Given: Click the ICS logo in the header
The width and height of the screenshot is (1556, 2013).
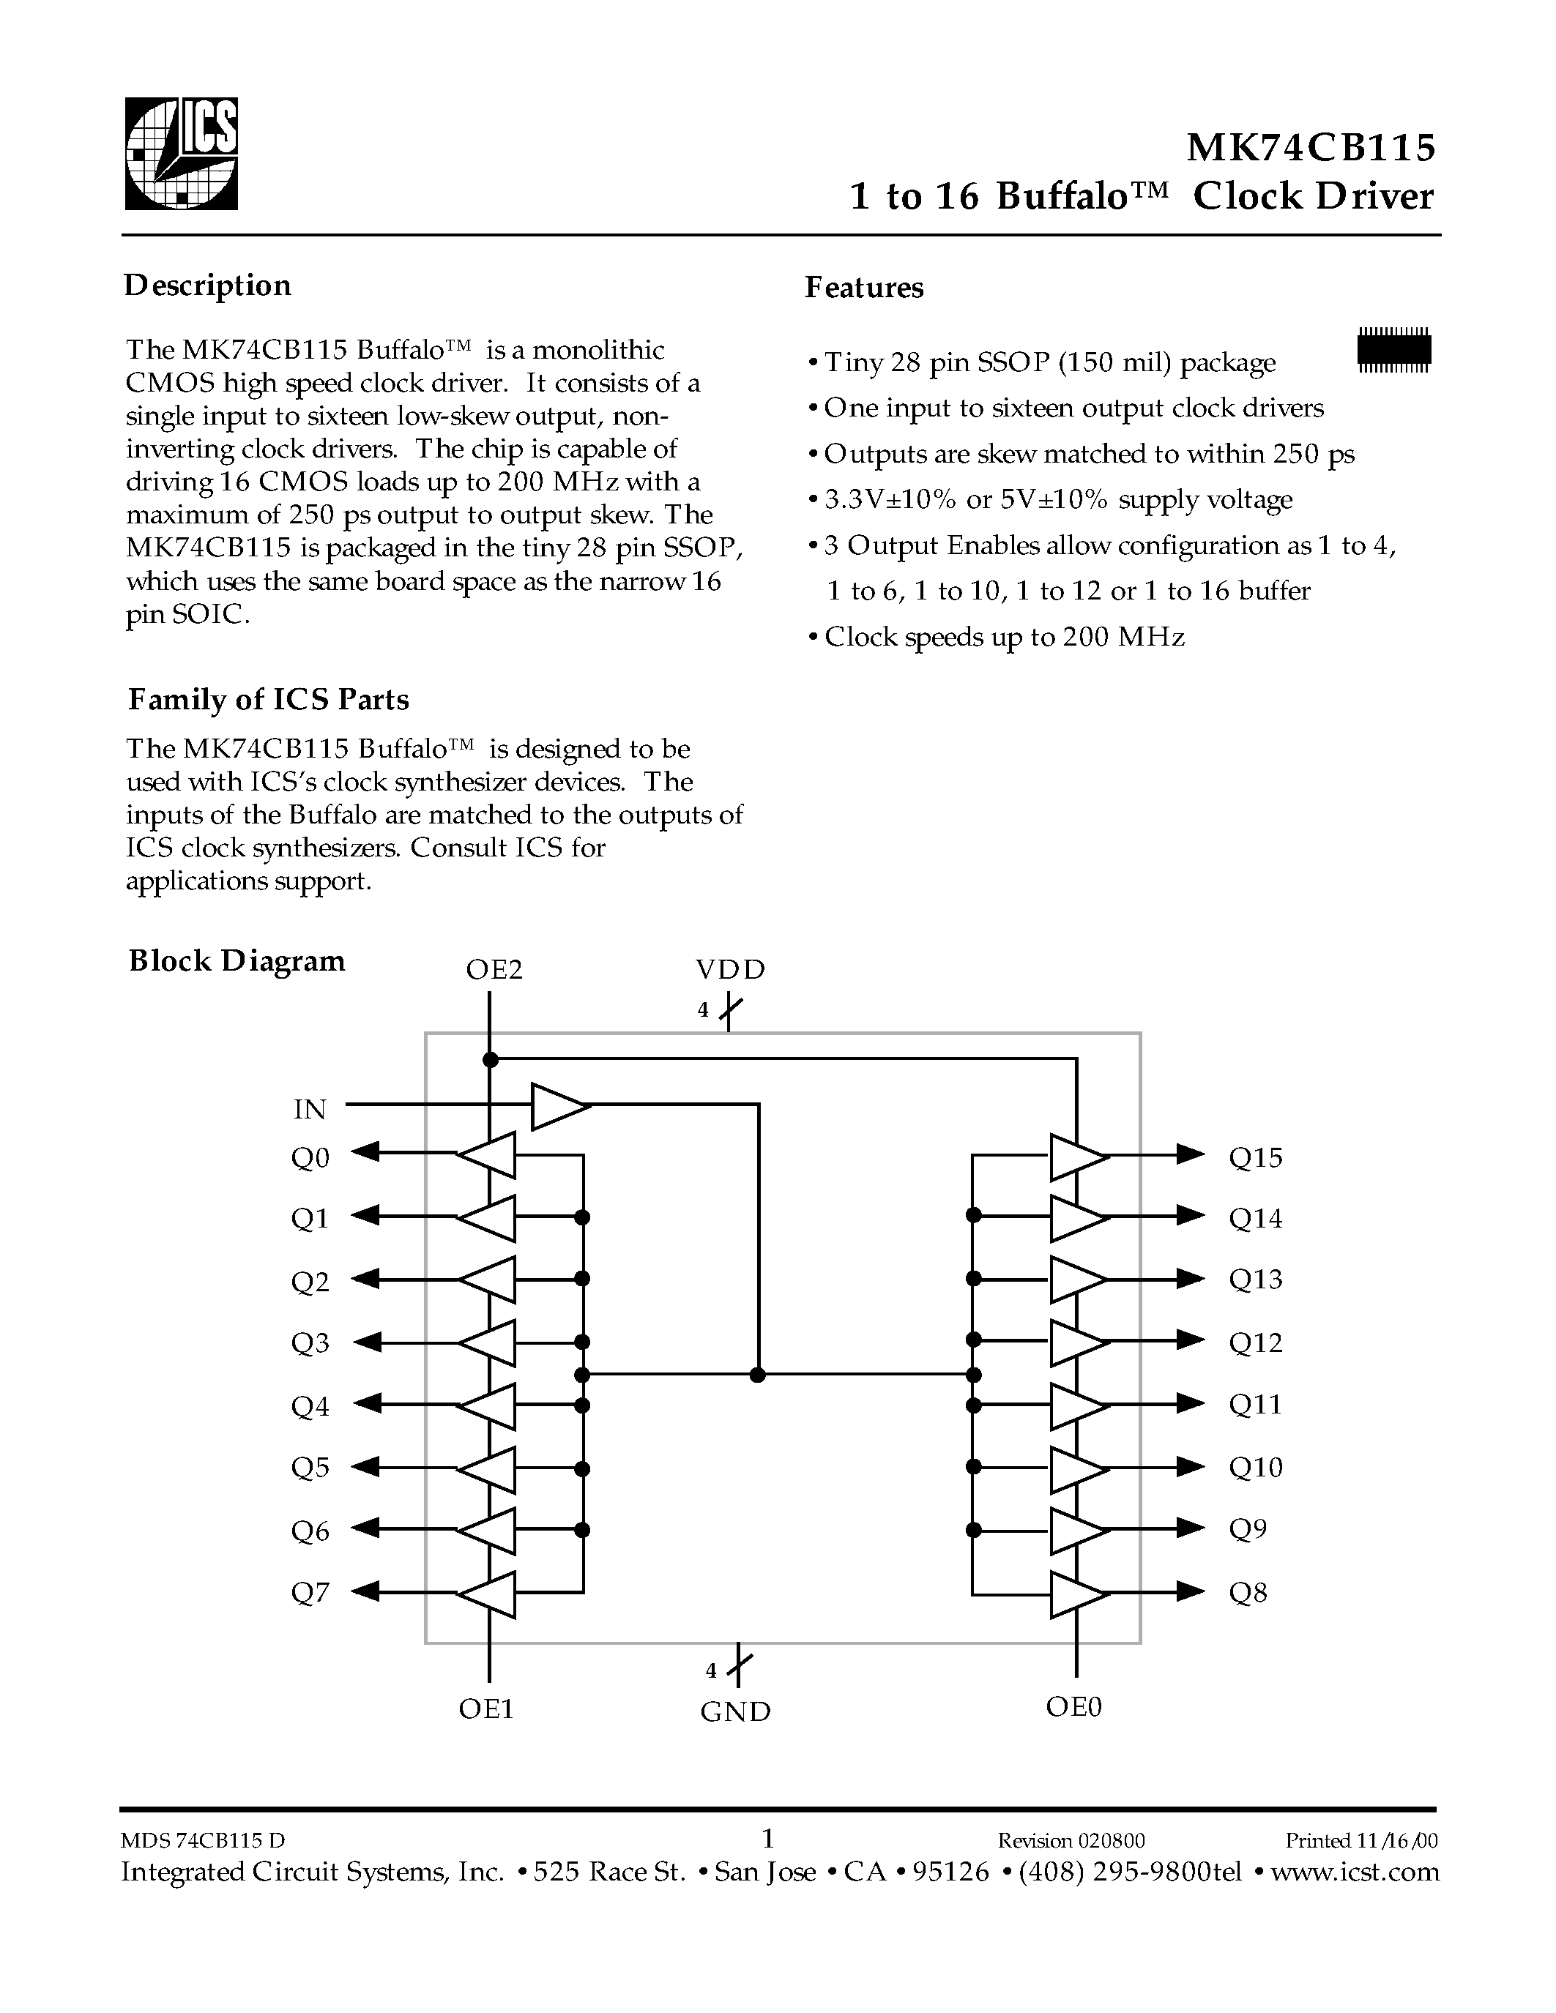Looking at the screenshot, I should pyautogui.click(x=181, y=154).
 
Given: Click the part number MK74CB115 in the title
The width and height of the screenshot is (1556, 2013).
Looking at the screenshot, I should pyautogui.click(x=1310, y=147).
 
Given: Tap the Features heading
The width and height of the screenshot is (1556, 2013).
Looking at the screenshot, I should pyautogui.click(x=864, y=288).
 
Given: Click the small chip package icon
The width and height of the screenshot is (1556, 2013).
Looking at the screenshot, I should pyautogui.click(x=1393, y=349).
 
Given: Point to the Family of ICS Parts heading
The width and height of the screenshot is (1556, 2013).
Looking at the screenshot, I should pyautogui.click(x=268, y=700).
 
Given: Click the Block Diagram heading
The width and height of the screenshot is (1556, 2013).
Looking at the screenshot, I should pyautogui.click(x=237, y=961).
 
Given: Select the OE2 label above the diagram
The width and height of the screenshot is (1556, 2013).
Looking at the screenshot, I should pyautogui.click(x=494, y=970).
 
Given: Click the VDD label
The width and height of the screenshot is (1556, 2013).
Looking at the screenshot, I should pyautogui.click(x=730, y=970).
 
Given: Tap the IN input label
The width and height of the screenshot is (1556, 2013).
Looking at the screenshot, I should pyautogui.click(x=310, y=1110).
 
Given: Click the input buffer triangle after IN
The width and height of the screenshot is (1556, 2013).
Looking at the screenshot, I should pyautogui.click(x=559, y=1105).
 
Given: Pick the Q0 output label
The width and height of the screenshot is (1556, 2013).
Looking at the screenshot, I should pyautogui.click(x=310, y=1158).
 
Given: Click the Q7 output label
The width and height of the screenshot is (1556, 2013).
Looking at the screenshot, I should pyautogui.click(x=310, y=1593).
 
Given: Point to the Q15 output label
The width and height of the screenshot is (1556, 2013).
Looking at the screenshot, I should pyautogui.click(x=1256, y=1158).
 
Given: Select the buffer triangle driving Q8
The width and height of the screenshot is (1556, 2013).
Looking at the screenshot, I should pyautogui.click(x=1076, y=1594).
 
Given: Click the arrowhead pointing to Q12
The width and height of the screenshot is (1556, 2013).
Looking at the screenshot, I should pyautogui.click(x=1191, y=1340).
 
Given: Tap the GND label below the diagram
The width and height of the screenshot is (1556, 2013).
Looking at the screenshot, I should pyautogui.click(x=734, y=1711).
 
